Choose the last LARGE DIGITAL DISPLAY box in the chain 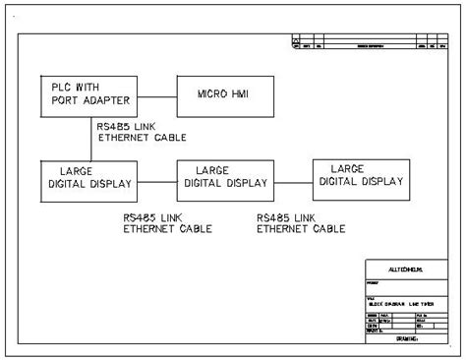(361, 175)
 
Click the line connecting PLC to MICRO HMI (158, 94)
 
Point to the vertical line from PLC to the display (91, 138)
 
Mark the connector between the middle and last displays (293, 179)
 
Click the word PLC (63, 88)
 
